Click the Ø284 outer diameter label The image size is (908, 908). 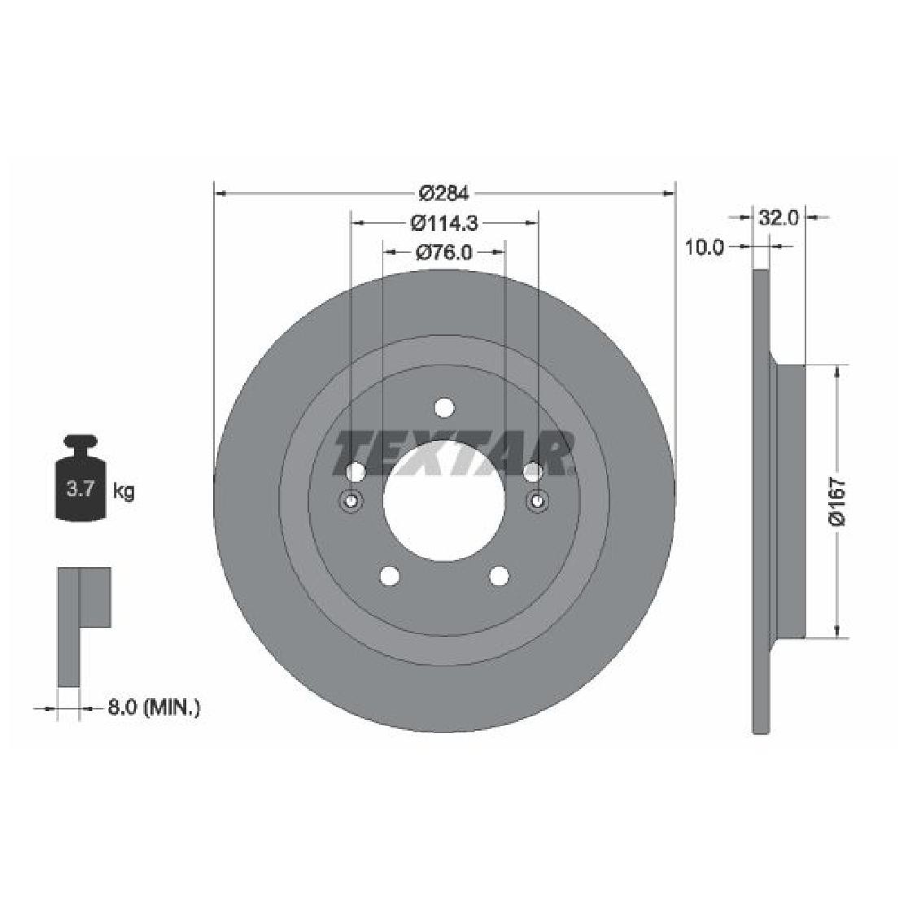(444, 194)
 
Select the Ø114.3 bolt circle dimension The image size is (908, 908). (444, 221)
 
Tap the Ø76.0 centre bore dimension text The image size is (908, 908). (444, 252)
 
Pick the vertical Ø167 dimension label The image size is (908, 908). (838, 501)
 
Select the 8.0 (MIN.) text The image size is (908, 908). (154, 708)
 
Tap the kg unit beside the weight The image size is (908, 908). (124, 491)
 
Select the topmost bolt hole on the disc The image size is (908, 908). (444, 407)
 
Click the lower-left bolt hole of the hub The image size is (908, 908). (390, 576)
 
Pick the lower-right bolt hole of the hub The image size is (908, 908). (499, 576)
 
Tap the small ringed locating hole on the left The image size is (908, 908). (351, 501)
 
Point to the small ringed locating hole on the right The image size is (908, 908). (537, 501)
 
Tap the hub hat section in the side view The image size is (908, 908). (787, 501)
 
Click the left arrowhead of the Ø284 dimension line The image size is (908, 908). (219, 194)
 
